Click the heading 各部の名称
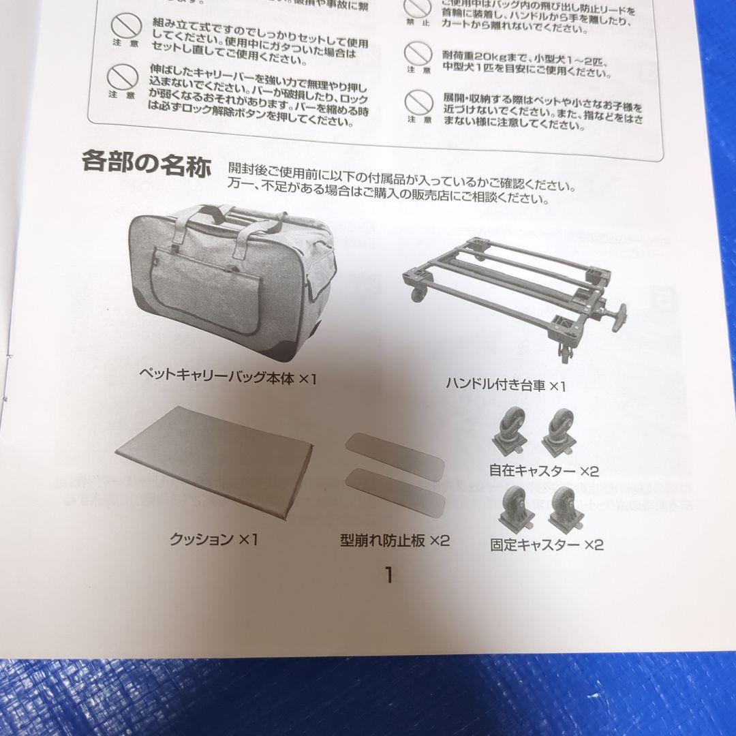coord(146,162)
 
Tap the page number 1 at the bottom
coord(388,574)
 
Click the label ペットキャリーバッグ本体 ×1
coord(228,377)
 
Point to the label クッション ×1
coord(214,540)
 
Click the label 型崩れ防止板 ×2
coord(395,541)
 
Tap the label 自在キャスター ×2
coord(543,470)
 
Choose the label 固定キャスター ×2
coord(547,545)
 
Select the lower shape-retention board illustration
coord(396,492)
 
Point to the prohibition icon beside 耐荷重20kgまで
coord(418,53)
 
